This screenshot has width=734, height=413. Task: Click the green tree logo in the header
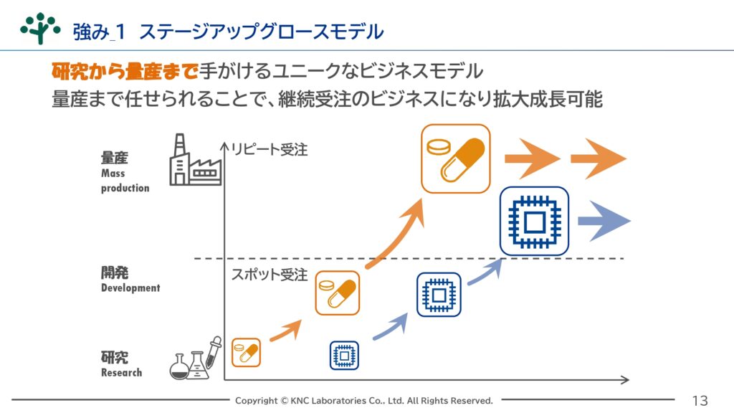click(x=40, y=28)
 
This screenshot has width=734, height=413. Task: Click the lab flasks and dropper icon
click(x=196, y=359)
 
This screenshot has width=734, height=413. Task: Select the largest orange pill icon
click(x=455, y=158)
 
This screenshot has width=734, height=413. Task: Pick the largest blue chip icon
click(x=534, y=221)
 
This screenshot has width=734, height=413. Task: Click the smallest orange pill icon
click(x=247, y=352)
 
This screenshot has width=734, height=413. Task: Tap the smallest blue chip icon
click(x=344, y=356)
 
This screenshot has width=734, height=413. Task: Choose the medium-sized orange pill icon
click(x=338, y=293)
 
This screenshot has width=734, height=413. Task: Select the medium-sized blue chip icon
click(x=439, y=295)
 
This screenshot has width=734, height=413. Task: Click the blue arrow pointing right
click(x=604, y=221)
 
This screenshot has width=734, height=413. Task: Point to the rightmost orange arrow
click(x=599, y=158)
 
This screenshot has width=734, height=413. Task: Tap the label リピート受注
click(x=270, y=150)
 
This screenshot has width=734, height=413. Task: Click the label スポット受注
click(x=270, y=275)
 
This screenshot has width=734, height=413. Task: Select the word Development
click(x=130, y=288)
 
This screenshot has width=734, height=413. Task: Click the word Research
click(x=121, y=373)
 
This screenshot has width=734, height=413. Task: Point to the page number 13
click(x=700, y=401)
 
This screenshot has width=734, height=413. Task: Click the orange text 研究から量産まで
click(x=125, y=71)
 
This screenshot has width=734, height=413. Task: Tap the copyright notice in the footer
click(x=363, y=401)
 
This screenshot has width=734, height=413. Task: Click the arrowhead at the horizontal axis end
click(x=625, y=380)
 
